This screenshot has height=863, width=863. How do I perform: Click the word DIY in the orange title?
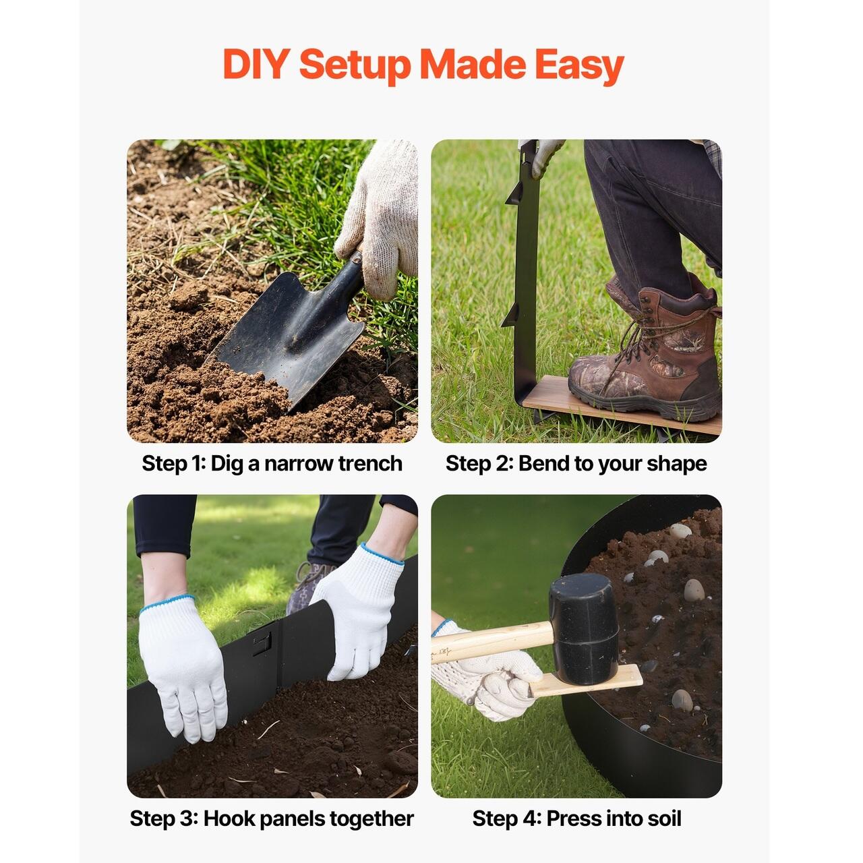[x=255, y=64]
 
